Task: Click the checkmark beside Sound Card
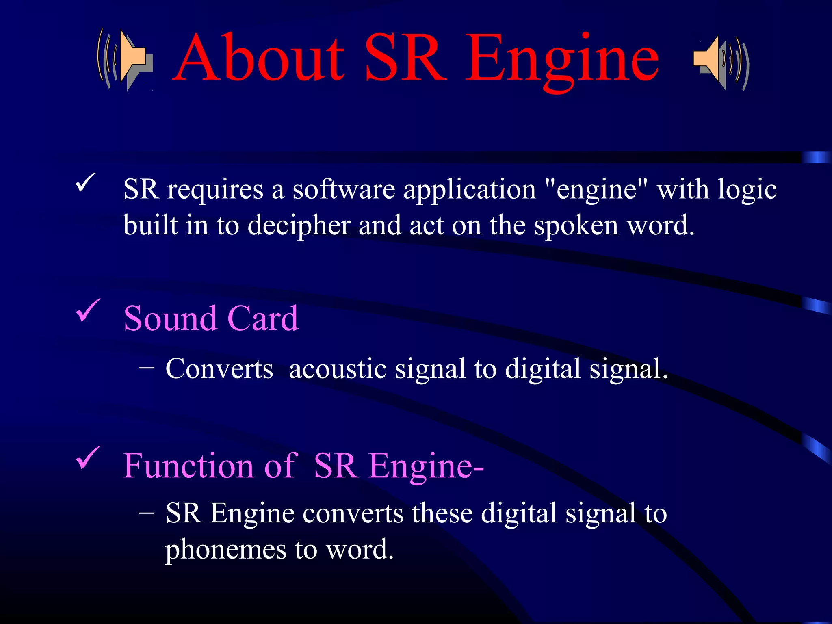[88, 310]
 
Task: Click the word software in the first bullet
[344, 189]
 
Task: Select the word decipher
[299, 226]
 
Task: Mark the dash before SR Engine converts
[146, 513]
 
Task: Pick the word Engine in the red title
[562, 59]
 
